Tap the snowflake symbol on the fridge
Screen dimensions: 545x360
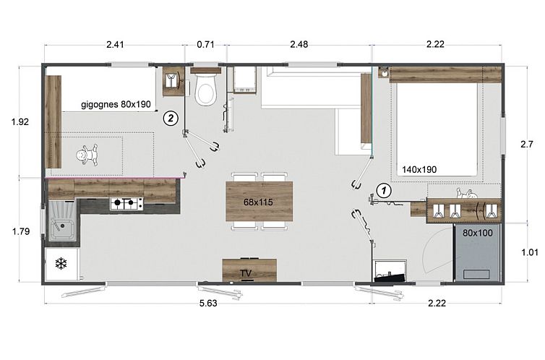(x=61, y=264)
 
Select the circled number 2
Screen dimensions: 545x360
(x=171, y=118)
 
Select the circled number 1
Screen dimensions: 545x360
(x=384, y=190)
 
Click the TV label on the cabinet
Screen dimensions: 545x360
(x=246, y=273)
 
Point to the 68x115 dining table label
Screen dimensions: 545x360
(x=258, y=202)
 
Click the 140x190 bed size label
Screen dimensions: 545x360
(x=419, y=170)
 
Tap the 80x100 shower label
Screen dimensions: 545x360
(x=478, y=233)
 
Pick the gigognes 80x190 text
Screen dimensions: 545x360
(x=116, y=104)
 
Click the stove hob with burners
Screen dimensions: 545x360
(x=127, y=203)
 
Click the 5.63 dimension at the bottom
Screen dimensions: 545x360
(x=208, y=304)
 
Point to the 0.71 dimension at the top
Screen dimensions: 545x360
(x=206, y=45)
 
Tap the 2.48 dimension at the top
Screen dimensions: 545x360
(x=299, y=45)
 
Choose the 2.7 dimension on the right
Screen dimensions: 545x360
(x=527, y=144)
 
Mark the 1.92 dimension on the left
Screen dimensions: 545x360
(x=20, y=122)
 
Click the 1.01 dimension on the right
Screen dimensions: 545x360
(x=530, y=252)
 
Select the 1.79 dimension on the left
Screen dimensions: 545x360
(x=21, y=231)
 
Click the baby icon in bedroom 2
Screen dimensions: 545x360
(x=87, y=155)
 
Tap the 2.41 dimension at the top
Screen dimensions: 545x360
(x=115, y=45)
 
